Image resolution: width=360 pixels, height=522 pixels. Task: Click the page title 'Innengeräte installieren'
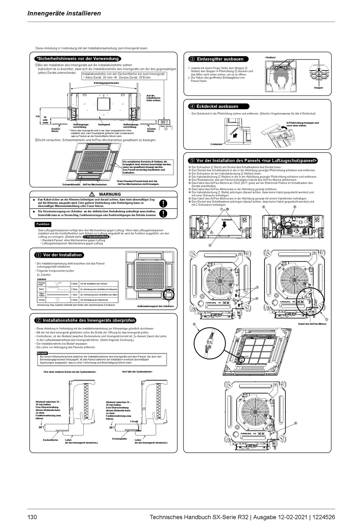click(64, 13)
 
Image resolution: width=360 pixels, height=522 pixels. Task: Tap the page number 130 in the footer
click(32, 517)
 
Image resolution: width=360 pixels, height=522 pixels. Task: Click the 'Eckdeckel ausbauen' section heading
click(217, 107)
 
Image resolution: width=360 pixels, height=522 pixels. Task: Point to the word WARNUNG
click(110, 194)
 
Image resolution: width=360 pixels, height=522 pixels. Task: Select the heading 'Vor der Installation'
click(62, 255)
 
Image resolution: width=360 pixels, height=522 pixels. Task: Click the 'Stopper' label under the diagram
click(318, 88)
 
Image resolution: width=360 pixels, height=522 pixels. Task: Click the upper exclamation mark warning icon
click(163, 204)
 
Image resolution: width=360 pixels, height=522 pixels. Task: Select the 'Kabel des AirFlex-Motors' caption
click(312, 324)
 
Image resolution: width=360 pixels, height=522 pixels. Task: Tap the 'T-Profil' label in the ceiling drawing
click(134, 421)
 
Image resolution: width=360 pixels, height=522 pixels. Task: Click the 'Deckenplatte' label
click(119, 439)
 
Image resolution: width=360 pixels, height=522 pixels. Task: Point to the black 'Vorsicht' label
click(42, 353)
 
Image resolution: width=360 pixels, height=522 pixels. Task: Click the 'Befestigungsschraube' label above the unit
click(106, 82)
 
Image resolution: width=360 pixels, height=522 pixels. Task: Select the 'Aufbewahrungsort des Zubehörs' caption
click(155, 306)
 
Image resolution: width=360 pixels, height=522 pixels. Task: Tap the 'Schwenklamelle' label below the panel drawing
click(71, 185)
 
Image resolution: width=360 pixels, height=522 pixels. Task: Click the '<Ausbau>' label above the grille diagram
click(271, 57)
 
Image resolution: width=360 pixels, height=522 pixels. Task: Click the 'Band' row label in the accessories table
click(41, 289)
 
